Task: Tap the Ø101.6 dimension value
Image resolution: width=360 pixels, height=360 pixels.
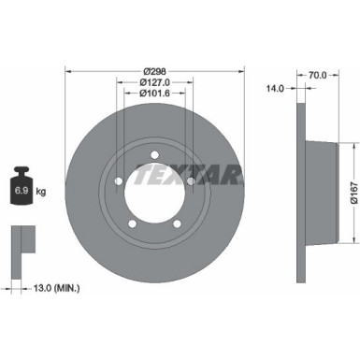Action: (x=155, y=93)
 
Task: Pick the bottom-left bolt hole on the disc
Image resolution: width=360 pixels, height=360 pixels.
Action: (x=132, y=224)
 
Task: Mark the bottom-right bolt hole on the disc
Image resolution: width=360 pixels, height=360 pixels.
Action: (x=179, y=224)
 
